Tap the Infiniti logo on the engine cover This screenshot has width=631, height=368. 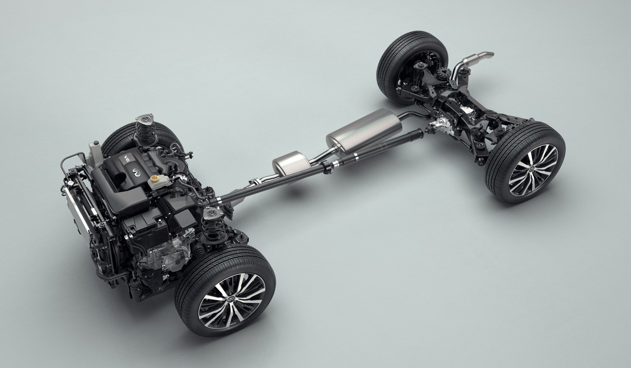(x=135, y=172)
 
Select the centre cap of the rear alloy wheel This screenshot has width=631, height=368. (x=532, y=169)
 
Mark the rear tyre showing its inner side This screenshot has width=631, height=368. (x=412, y=66)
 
